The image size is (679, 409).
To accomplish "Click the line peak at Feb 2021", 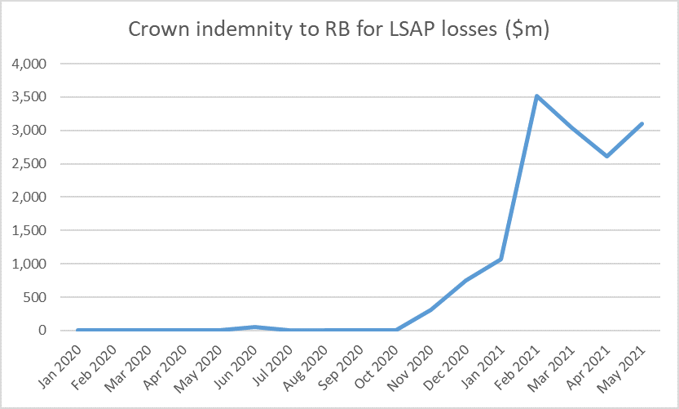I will (536, 96).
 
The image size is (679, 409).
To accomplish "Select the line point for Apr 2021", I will (606, 156).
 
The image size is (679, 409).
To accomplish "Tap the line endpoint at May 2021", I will (642, 123).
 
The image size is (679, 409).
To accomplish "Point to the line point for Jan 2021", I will (500, 260).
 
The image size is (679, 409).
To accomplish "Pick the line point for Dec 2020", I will (465, 280).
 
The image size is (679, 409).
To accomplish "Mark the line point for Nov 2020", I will (430, 309).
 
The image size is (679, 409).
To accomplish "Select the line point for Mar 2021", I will (571, 127).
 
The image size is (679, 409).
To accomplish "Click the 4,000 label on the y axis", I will (29, 64).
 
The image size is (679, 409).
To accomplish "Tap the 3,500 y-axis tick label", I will (29, 97).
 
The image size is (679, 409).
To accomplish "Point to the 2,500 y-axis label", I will (29, 164).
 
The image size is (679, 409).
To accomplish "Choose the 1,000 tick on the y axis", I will (29, 264).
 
